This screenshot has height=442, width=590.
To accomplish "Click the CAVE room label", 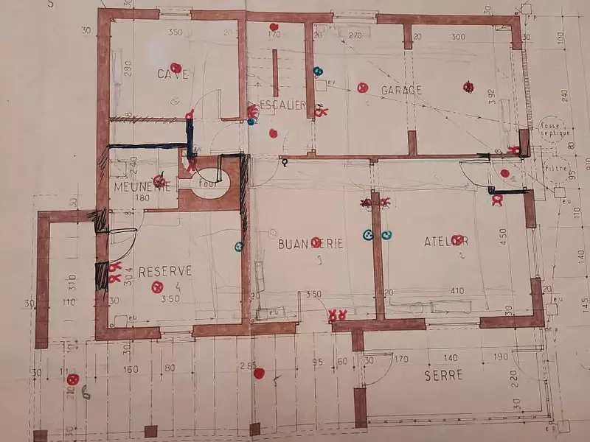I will (x=172, y=74).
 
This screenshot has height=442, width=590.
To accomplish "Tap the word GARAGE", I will (x=401, y=90).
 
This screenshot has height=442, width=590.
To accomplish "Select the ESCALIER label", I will (x=283, y=105).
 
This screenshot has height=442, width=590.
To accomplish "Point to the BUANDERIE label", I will (x=310, y=243).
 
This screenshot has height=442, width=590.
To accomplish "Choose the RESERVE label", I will (x=165, y=271).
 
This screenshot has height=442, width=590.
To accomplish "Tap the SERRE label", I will (x=443, y=375).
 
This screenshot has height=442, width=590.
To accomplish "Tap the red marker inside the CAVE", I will (x=175, y=67).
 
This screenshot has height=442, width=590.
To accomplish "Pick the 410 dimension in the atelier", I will (x=457, y=291).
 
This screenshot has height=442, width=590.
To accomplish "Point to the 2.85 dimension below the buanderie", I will (x=248, y=366).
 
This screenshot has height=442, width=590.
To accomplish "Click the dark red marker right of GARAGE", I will (x=468, y=87).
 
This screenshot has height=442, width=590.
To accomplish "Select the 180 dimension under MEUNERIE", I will (x=142, y=198).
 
